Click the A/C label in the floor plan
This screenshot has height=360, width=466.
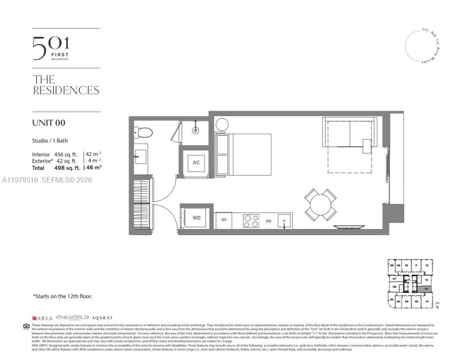[196, 163]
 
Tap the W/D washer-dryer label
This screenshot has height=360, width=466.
[197, 218]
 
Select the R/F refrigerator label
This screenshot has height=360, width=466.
[224, 220]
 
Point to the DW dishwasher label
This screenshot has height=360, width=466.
[268, 221]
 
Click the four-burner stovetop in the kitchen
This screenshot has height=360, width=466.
[251, 221]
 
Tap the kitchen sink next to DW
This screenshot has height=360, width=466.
[284, 221]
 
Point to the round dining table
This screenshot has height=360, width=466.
[320, 205]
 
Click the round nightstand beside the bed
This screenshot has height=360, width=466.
[222, 124]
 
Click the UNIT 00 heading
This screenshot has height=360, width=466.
[49, 123]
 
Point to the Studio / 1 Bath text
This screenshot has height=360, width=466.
[50, 140]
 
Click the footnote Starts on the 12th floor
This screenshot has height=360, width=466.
[63, 296]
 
